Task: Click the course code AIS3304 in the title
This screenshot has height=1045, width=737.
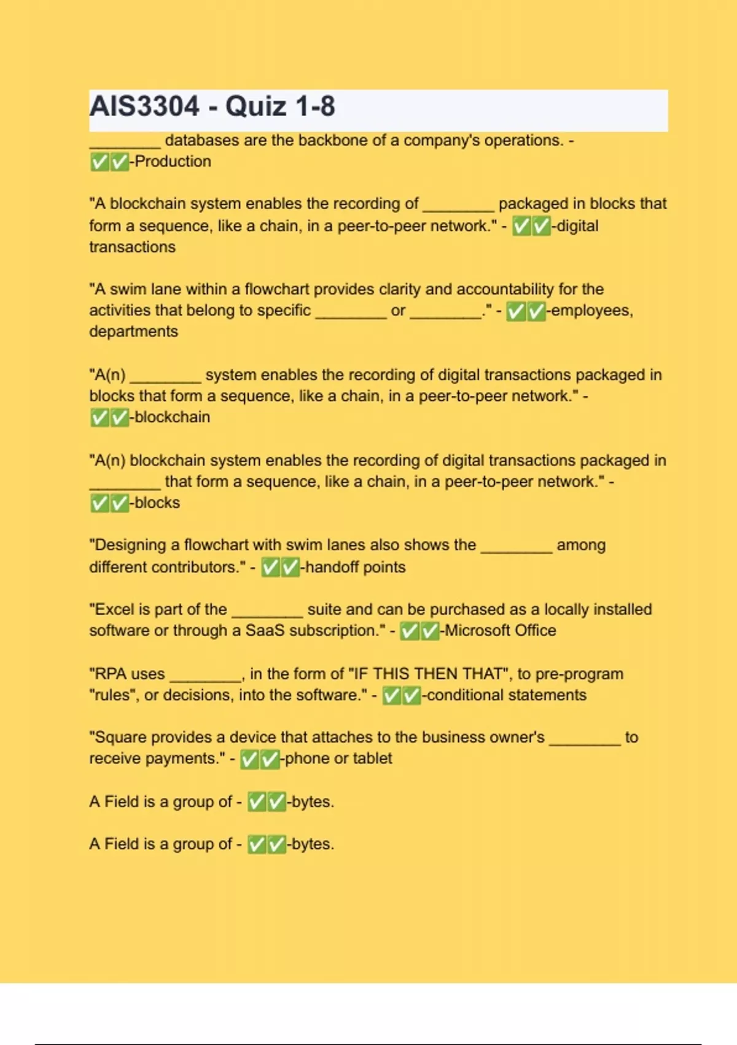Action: coord(144,106)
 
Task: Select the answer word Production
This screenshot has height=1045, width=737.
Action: coord(173,162)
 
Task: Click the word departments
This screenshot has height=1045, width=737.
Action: coord(133,331)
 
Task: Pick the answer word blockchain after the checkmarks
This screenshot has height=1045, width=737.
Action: coord(172,417)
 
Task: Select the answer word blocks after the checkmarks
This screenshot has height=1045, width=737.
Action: coord(157,503)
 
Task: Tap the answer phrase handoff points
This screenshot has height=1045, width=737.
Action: coord(355,567)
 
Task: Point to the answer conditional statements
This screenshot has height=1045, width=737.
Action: coord(506,695)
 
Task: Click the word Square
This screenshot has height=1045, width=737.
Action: coord(120,737)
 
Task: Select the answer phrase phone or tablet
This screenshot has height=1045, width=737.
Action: coord(338,759)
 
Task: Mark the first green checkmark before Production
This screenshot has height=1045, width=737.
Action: coord(99,162)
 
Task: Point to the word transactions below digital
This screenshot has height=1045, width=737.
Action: coord(132,247)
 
